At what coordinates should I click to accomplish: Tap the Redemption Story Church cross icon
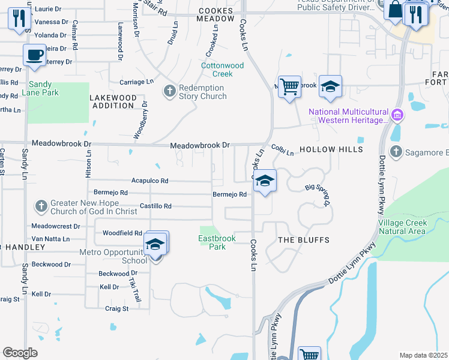[170, 91]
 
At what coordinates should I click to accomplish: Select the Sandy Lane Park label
[40, 89]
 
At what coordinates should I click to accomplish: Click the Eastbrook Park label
[217, 242]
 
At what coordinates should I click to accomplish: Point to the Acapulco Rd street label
[150, 181]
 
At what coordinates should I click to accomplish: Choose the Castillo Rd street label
[155, 206]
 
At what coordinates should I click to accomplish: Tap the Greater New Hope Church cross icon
[41, 206]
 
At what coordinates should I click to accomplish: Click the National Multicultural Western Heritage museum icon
[396, 115]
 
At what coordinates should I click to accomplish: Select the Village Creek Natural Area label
[402, 227]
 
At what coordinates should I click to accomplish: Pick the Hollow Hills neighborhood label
[331, 149]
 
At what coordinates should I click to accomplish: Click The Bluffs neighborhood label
[303, 240]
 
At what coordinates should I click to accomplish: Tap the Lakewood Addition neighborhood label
[113, 101]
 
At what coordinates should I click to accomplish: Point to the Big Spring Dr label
[319, 194]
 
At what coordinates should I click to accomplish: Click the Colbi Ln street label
[282, 150]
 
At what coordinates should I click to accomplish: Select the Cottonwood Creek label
[223, 70]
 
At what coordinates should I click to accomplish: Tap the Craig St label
[117, 308]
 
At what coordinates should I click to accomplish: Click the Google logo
[20, 353]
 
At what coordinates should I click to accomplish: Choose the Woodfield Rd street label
[122, 233]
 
